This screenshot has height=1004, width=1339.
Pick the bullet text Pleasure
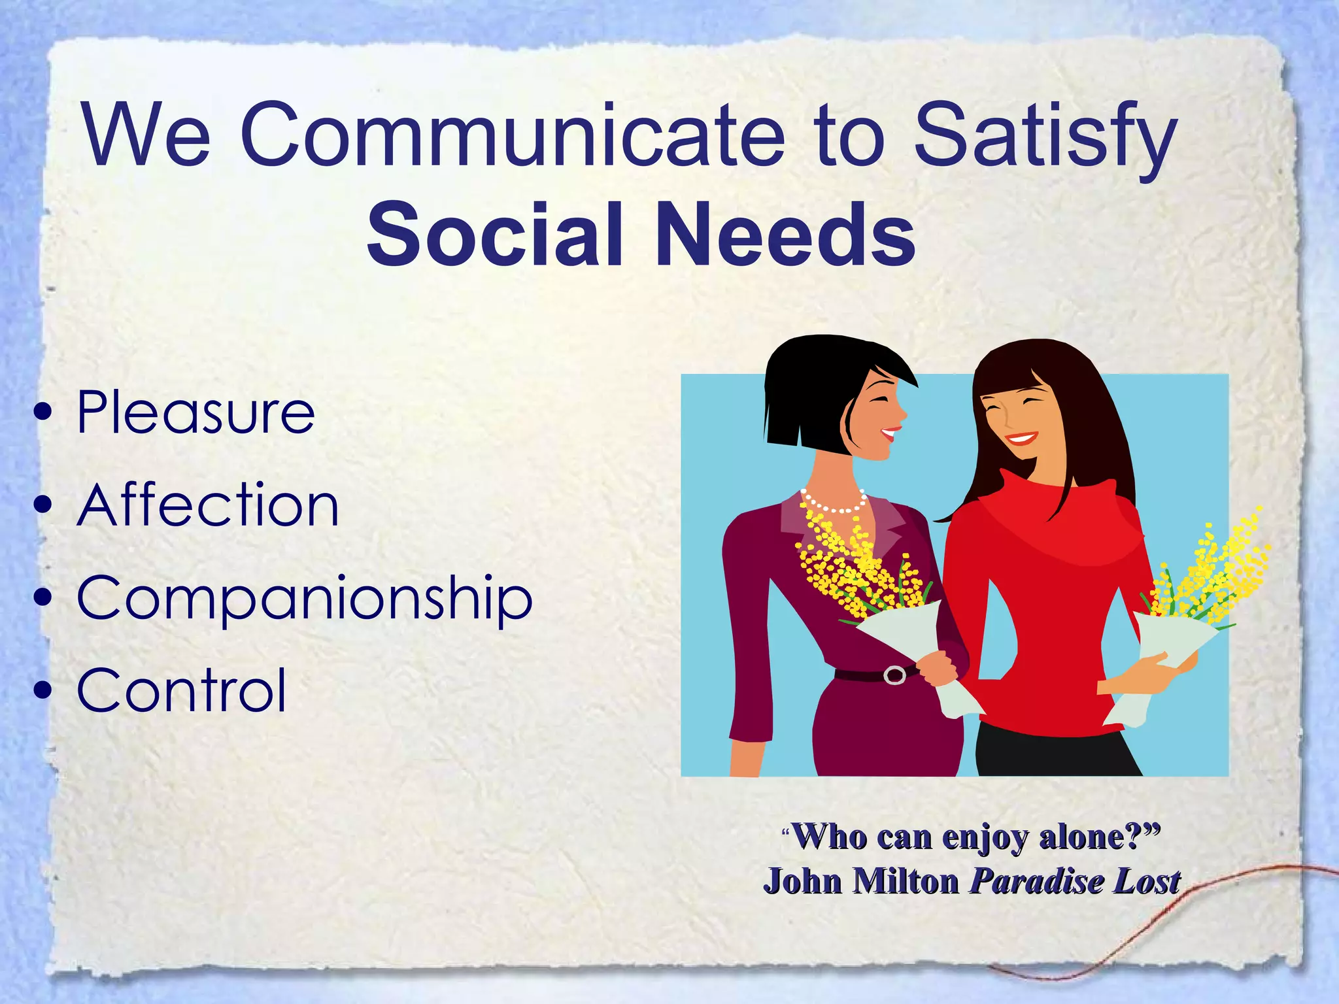click(195, 412)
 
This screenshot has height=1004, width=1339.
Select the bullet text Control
click(182, 690)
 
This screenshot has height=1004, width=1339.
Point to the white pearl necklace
click(834, 505)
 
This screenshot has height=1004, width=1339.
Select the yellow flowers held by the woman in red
click(1210, 569)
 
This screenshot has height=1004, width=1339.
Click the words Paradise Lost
click(1075, 882)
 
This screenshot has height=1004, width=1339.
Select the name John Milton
click(861, 882)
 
